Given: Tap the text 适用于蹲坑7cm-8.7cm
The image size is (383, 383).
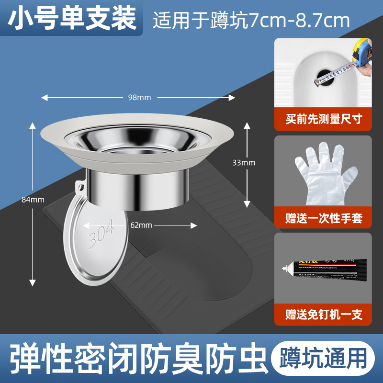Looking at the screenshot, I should coord(251,20).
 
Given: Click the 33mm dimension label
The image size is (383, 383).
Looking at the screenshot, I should coord(244,163).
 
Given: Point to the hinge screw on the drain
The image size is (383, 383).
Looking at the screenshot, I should coord(81,186).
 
